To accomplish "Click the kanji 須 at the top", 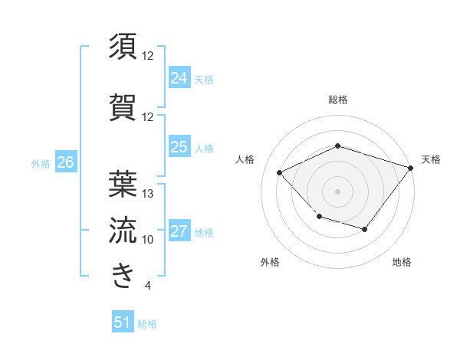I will pyautogui.click(x=123, y=47).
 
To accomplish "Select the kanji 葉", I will pyautogui.click(x=123, y=184).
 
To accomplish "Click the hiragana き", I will pyautogui.click(x=123, y=274).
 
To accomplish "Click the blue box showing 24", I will pyautogui.click(x=179, y=77).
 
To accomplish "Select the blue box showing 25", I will pyautogui.click(x=179, y=147).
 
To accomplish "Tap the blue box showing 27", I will pyautogui.click(x=179, y=232).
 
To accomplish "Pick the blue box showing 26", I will pyautogui.click(x=65, y=162).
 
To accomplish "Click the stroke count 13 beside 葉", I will pyautogui.click(x=149, y=194).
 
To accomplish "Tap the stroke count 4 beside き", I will pyautogui.click(x=147, y=286).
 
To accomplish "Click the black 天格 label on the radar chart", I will pyautogui.click(x=431, y=159).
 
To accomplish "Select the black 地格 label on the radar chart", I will pyautogui.click(x=402, y=263).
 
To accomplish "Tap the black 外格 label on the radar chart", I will pyautogui.click(x=270, y=263).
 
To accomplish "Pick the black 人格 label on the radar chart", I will pyautogui.click(x=245, y=159).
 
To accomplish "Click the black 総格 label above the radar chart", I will pyautogui.click(x=338, y=100).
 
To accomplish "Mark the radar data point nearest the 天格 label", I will pyautogui.click(x=410, y=168).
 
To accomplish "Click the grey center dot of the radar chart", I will pyautogui.click(x=337, y=191).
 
